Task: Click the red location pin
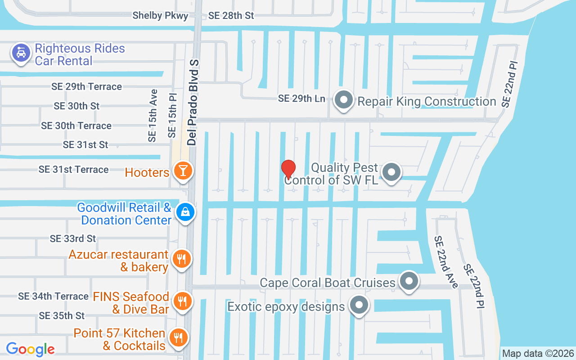(x=288, y=169)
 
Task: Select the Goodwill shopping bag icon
(x=185, y=211)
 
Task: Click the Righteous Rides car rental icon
(x=21, y=53)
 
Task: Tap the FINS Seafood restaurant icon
(x=182, y=301)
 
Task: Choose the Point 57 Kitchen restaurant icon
(x=178, y=337)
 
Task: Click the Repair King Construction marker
(x=344, y=101)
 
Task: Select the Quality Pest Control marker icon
(x=391, y=172)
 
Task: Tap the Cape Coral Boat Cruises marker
(x=409, y=282)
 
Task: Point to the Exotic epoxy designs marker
(x=359, y=306)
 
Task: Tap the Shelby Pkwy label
(x=160, y=16)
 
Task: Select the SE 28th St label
(x=231, y=16)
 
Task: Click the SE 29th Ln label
(x=301, y=99)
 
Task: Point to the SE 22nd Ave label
(x=445, y=262)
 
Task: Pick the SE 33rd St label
(x=73, y=238)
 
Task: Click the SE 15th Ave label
(x=153, y=116)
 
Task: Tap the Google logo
(x=31, y=349)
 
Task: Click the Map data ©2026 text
(x=538, y=354)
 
